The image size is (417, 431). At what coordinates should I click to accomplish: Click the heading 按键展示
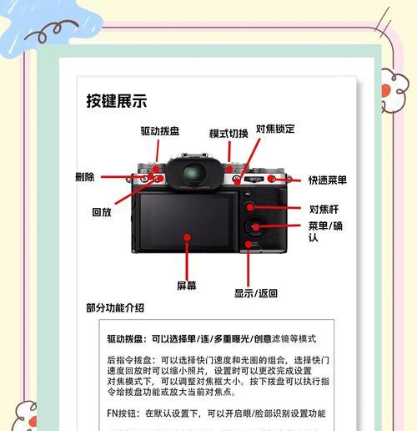click(x=117, y=101)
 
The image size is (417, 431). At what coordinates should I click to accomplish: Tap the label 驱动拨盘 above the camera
click(x=160, y=131)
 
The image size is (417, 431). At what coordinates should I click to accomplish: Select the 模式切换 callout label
click(x=229, y=134)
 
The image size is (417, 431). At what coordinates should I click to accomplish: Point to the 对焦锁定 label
click(x=275, y=129)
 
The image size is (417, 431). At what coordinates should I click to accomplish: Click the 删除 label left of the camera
click(x=85, y=177)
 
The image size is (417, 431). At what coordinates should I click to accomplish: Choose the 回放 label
click(x=102, y=212)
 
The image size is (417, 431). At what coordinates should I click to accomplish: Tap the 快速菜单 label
click(x=328, y=180)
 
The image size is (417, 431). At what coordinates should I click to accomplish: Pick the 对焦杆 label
click(x=324, y=209)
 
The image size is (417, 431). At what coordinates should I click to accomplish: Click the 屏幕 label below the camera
click(x=187, y=286)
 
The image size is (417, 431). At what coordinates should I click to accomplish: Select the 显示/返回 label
click(x=256, y=293)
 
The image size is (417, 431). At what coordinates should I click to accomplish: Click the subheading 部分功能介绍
click(x=115, y=308)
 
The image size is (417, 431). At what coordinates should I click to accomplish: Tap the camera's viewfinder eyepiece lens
click(x=193, y=173)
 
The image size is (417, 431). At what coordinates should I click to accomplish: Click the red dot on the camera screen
click(x=187, y=237)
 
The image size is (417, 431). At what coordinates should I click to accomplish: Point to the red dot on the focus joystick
click(x=250, y=207)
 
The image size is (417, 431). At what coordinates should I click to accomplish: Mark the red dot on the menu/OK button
click(x=255, y=226)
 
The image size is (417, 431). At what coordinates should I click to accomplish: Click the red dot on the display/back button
click(x=249, y=245)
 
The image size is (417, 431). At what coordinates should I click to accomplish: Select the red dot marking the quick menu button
click(x=271, y=179)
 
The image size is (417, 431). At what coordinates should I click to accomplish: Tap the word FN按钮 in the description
click(x=121, y=413)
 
